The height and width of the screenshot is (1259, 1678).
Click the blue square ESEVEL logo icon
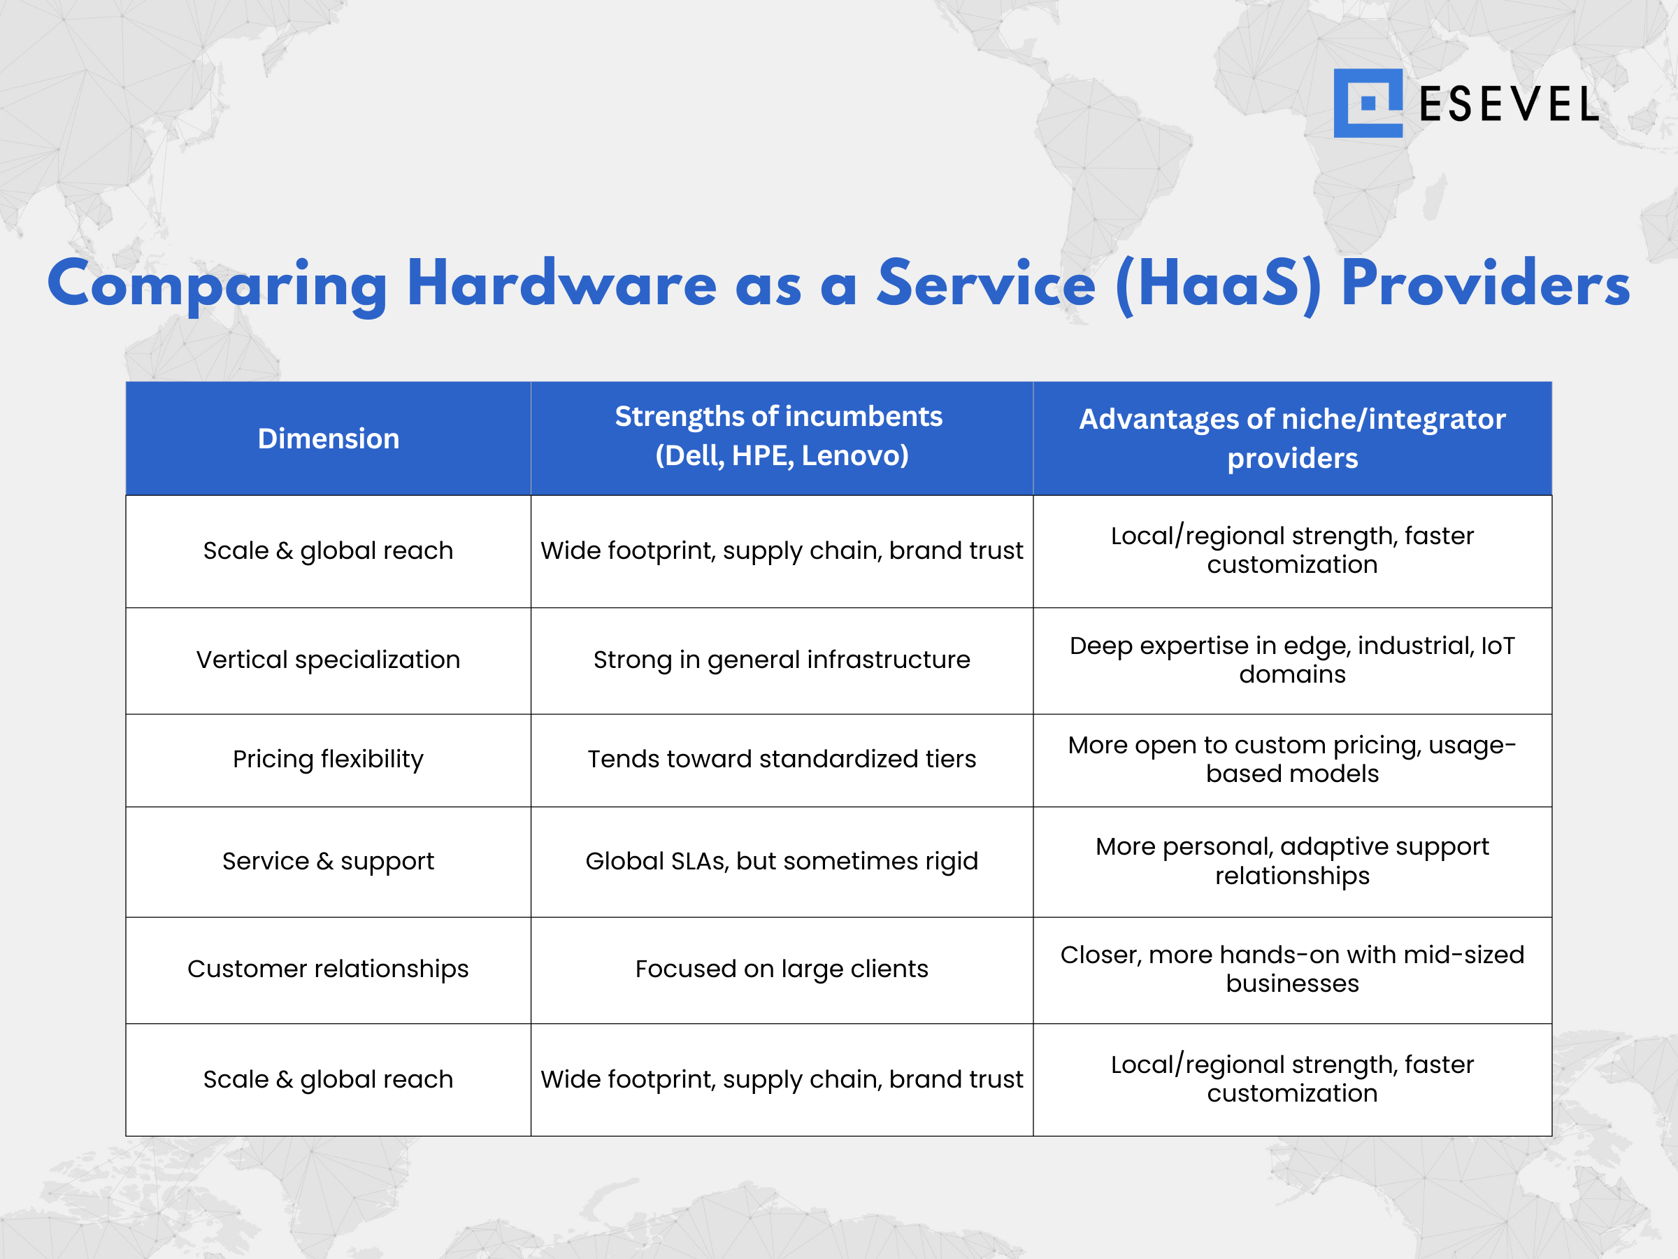click(x=1367, y=104)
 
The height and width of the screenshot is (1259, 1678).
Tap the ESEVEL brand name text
click(x=1508, y=105)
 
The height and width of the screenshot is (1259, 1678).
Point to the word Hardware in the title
click(x=561, y=283)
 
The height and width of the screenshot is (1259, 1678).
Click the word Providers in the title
click(x=1485, y=283)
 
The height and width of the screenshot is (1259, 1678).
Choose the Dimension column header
click(x=328, y=439)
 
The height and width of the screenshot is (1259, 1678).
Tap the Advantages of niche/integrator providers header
click(x=1292, y=438)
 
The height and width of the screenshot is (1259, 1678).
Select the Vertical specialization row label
click(x=328, y=660)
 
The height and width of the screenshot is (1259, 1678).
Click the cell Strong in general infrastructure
click(x=782, y=660)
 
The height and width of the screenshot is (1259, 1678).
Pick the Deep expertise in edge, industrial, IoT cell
click(x=1292, y=660)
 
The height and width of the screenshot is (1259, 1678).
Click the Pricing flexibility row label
click(x=328, y=759)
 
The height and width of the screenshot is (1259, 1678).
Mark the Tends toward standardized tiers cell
click(x=782, y=759)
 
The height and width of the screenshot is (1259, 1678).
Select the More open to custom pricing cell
click(x=1292, y=759)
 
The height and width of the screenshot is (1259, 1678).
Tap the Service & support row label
click(x=328, y=861)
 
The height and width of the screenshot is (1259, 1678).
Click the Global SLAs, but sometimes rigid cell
click(x=782, y=861)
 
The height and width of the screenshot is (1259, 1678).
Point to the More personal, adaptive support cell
click(x=1292, y=861)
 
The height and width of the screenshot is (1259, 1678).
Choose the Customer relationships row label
click(x=328, y=969)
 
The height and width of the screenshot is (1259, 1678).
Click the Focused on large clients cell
click(x=782, y=969)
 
